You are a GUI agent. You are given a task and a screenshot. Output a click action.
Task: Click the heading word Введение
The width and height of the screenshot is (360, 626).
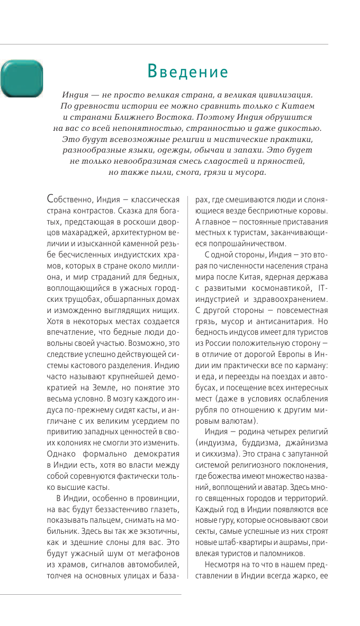click(x=187, y=71)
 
